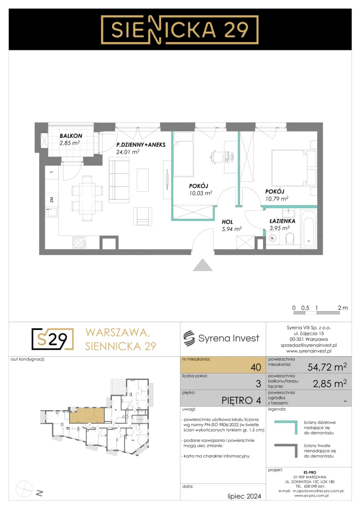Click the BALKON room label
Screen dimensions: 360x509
[x=71, y=136]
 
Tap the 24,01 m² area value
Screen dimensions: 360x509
[x=128, y=152]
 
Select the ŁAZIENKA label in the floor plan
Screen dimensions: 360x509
[x=282, y=221]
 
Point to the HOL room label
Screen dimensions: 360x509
[x=227, y=222]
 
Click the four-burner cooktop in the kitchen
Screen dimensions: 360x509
[x=80, y=242]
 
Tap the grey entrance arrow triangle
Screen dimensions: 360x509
[x=203, y=265]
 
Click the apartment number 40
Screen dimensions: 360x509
[x=256, y=367]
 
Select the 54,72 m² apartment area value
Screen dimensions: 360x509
[x=327, y=367]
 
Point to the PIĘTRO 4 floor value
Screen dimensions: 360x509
[x=241, y=401]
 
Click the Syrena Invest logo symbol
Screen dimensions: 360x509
[x=189, y=338]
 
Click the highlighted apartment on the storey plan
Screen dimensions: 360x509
[x=87, y=415]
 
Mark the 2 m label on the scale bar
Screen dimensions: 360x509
[x=343, y=308]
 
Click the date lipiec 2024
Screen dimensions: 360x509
[x=244, y=496]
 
